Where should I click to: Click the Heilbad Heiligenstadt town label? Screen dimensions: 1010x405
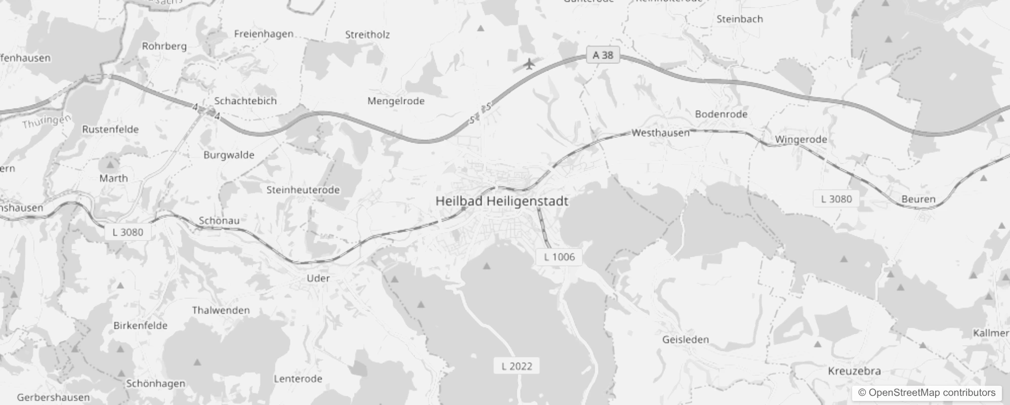pos(502,201)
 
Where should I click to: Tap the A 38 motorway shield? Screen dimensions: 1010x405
pos(603,55)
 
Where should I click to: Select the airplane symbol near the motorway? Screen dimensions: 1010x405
pos(529,64)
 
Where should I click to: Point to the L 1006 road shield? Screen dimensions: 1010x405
pos(559,257)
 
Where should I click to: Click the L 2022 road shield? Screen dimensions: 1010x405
pos(517,366)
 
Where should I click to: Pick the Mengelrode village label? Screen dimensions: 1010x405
pos(396,101)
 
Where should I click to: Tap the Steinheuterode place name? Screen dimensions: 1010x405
pos(303,190)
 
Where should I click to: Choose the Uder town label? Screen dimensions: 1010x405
pos(318,278)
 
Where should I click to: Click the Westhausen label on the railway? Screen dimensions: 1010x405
pos(660,133)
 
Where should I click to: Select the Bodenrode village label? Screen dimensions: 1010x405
pos(721,114)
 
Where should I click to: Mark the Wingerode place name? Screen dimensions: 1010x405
pos(801,139)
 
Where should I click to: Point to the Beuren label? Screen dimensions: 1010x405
pos(918,199)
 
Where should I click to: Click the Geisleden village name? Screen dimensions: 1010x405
pos(686,339)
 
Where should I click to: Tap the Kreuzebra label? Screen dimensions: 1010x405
pos(854,371)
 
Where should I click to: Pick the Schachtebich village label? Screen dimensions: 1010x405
pos(245,101)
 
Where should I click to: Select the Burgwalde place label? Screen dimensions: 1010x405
pos(229,155)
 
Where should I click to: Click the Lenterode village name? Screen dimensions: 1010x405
pos(298,379)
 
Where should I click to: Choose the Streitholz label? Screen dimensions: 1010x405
pos(367,34)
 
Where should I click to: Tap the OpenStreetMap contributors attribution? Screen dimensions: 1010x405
pos(927,393)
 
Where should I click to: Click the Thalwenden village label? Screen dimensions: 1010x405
pos(221,310)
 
